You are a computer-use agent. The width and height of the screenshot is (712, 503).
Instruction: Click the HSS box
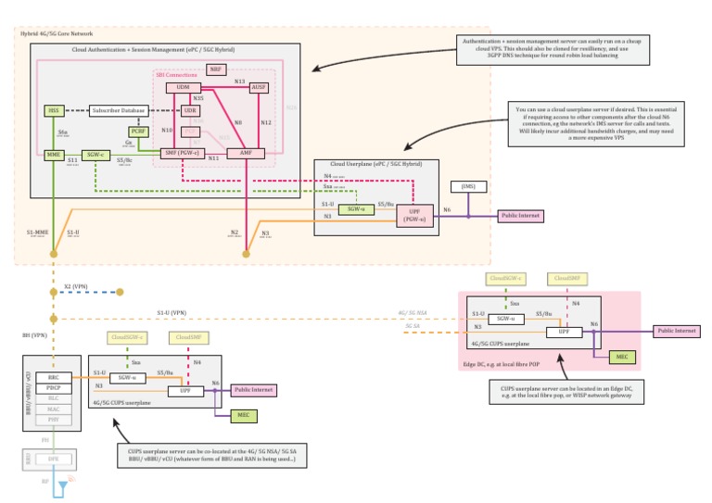55,111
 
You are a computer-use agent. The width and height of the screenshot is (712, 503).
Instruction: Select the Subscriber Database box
118,111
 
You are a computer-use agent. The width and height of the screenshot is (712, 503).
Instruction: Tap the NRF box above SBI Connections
216,69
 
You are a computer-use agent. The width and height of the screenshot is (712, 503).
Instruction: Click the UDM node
184,88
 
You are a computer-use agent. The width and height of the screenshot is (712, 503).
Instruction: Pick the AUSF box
259,88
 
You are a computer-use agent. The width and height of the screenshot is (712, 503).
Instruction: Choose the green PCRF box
138,132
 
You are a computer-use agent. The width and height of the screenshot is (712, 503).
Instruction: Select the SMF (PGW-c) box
183,152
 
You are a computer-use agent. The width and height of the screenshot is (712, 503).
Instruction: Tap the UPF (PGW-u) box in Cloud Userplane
413,216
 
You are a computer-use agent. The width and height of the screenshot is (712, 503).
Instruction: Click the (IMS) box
467,187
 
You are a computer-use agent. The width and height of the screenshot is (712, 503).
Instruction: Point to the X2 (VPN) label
76,287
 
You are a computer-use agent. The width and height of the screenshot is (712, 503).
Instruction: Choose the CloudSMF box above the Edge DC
564,278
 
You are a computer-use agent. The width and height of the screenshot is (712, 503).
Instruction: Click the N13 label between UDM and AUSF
239,82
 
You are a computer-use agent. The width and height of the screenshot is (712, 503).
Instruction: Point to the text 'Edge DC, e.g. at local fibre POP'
508,365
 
